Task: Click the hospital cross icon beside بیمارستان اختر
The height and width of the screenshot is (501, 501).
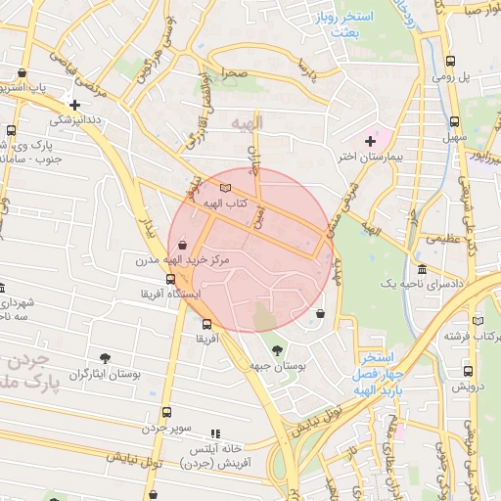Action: tap(370, 141)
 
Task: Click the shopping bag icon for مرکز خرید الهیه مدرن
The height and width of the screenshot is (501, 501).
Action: tap(183, 246)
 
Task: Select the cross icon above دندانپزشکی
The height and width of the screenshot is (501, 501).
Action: tap(74, 105)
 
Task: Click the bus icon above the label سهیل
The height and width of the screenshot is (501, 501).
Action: tap(454, 122)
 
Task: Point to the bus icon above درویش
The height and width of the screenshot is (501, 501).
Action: tap(469, 371)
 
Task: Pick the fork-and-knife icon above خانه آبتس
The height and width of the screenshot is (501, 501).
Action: tap(216, 433)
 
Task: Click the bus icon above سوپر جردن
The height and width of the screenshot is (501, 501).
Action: tap(166, 412)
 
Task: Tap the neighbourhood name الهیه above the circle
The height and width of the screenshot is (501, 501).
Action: tap(248, 123)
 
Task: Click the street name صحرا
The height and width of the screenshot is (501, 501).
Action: tap(233, 73)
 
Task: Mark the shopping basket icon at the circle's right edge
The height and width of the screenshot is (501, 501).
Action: tap(321, 314)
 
